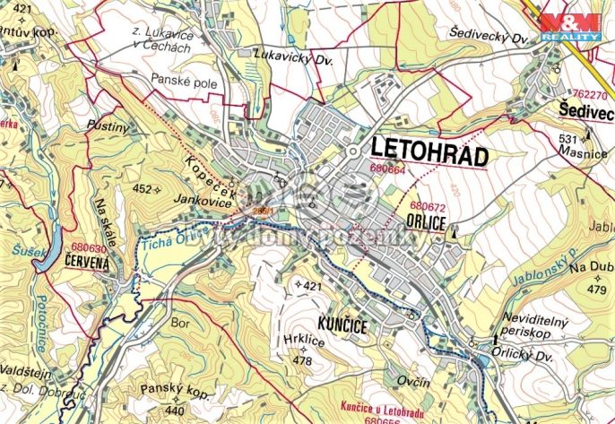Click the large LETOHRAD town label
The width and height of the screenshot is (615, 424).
(x=427, y=151)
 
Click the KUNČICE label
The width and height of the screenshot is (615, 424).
(x=341, y=326)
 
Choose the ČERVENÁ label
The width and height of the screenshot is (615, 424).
(x=87, y=262)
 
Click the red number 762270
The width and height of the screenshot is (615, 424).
(x=590, y=92)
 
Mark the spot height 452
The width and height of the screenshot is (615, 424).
(x=143, y=189)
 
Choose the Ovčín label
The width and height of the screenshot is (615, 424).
(x=413, y=384)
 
